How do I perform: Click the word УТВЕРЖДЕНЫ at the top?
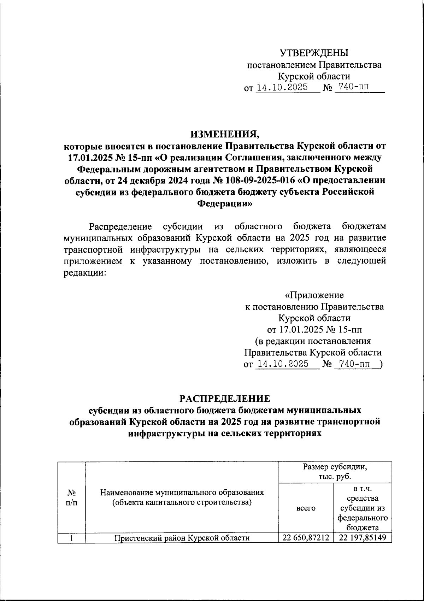pos(314,53)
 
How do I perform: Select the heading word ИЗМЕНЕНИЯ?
pos(224,134)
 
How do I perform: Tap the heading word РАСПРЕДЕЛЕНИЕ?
pos(225,399)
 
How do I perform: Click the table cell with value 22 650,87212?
pos(306,538)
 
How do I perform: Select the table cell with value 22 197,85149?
pos(363,538)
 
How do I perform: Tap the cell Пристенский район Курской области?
pos(182,538)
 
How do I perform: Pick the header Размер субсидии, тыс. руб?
pos(335,472)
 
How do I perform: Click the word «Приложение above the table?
pos(314,295)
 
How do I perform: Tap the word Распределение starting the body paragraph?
pos(120,226)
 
